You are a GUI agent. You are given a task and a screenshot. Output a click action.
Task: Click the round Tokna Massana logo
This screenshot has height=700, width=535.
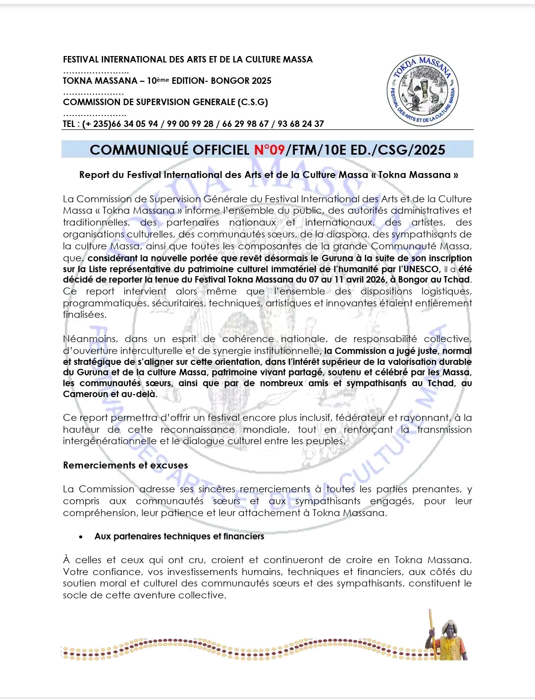(x=423, y=91)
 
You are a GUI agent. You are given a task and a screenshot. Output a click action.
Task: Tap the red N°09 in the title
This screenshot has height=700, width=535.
(x=269, y=150)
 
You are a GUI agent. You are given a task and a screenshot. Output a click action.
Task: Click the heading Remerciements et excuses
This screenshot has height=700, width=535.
(x=125, y=466)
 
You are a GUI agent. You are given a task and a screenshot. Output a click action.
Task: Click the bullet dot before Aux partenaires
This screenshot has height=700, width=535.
(x=81, y=537)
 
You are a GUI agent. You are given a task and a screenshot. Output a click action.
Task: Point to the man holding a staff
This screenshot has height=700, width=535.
(x=446, y=637)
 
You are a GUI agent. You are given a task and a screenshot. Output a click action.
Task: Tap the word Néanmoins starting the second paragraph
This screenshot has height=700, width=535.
(x=90, y=339)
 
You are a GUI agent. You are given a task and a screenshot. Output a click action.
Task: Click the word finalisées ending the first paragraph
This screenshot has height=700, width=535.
(x=84, y=315)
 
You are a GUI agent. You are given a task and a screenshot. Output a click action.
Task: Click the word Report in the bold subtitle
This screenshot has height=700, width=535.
(x=94, y=175)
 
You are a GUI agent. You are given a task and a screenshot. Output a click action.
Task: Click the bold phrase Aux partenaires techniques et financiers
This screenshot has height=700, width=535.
(x=179, y=536)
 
